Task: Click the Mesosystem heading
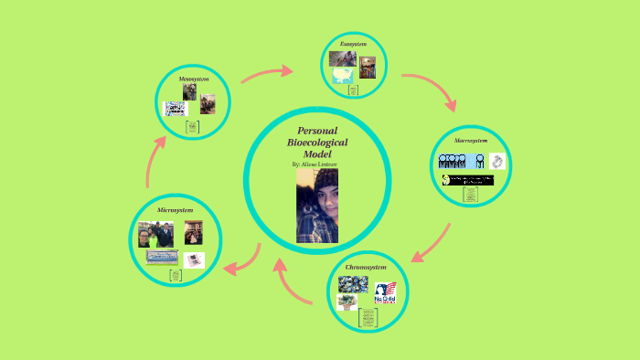coord(192,79)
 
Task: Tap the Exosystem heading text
coord(353,44)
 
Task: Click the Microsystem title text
coord(175,210)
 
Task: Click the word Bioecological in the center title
coord(317,143)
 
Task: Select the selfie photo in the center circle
coord(317,206)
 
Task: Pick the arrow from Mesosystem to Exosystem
coord(266,74)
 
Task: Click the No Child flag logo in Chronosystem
coord(385,293)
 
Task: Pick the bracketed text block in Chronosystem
coord(367,320)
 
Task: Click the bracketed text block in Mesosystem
coord(192,128)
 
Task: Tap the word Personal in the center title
coord(317,132)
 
